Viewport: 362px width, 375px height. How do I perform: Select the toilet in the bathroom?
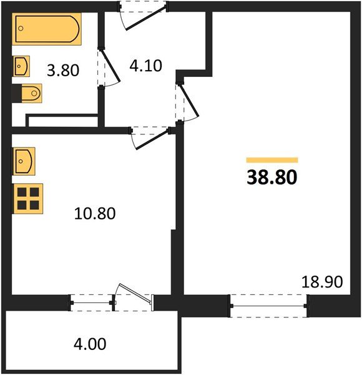point(29,93)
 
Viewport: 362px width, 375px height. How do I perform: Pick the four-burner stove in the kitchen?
point(27,198)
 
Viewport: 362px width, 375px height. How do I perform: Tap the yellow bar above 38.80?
point(271,161)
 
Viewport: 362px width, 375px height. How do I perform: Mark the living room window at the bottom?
point(268,306)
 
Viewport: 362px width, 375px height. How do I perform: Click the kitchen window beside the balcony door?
point(90,304)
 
